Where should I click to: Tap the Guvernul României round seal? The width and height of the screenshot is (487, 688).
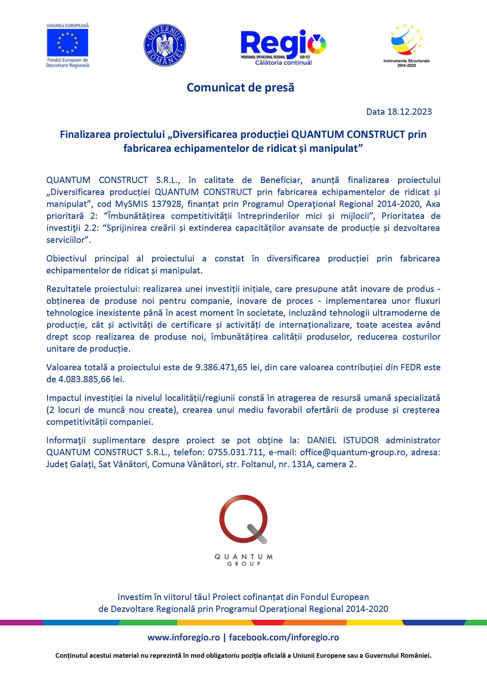click(x=165, y=44)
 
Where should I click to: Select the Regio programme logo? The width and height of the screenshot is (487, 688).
click(x=283, y=45)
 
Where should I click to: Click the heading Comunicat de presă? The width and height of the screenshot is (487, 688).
click(x=240, y=87)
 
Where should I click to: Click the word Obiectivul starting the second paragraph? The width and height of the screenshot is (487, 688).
click(x=66, y=258)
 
